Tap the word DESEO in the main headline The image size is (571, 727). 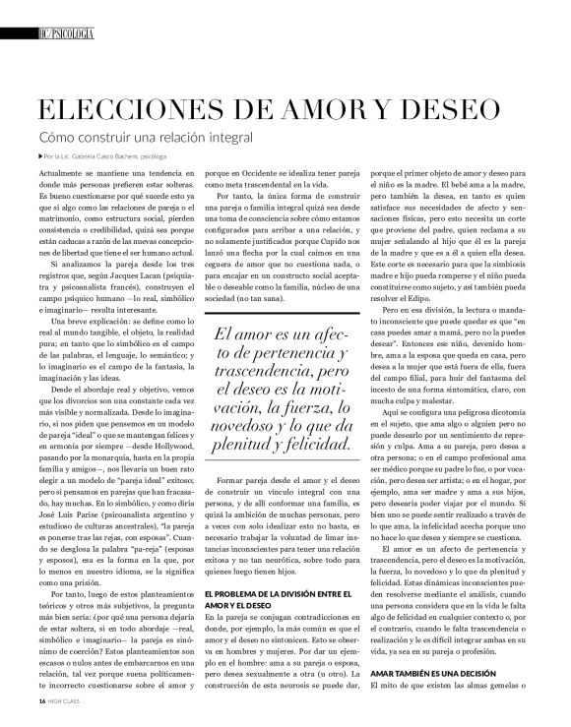[460, 107]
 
